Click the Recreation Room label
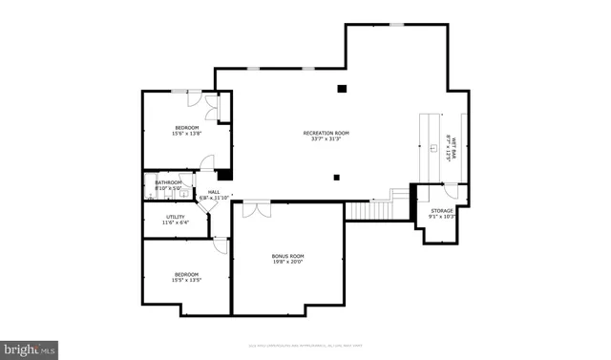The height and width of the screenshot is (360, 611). pyautogui.click(x=327, y=133)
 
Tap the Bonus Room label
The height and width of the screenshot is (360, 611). pyautogui.click(x=287, y=256)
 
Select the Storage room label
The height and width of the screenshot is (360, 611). pyautogui.click(x=441, y=210)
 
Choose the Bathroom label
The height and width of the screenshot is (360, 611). pyautogui.click(x=169, y=182)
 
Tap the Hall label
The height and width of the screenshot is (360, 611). pyautogui.click(x=214, y=193)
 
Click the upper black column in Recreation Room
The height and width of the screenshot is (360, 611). pyautogui.click(x=342, y=90)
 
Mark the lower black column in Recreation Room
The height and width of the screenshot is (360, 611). pyautogui.click(x=336, y=177)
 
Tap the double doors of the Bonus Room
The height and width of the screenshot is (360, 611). pyautogui.click(x=255, y=207)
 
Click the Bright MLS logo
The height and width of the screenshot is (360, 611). pyautogui.click(x=30, y=349)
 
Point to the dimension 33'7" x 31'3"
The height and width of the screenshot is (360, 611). pyautogui.click(x=327, y=139)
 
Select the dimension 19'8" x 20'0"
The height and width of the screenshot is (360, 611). pyautogui.click(x=287, y=263)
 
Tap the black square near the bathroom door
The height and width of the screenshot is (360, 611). pyautogui.click(x=224, y=175)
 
